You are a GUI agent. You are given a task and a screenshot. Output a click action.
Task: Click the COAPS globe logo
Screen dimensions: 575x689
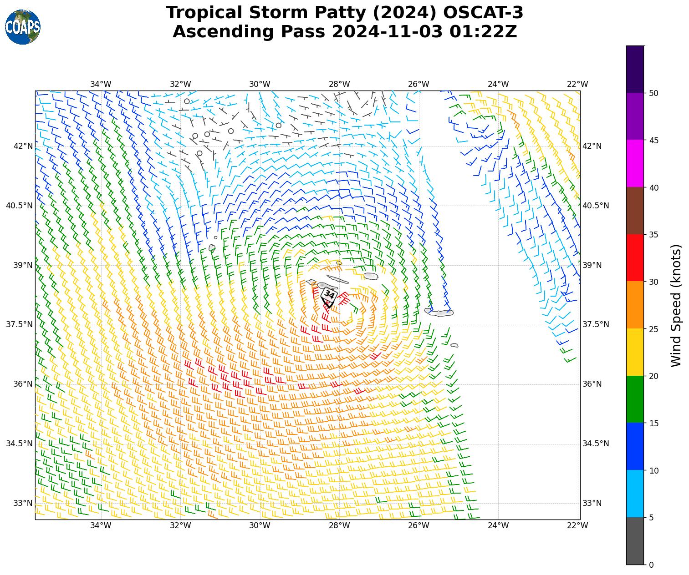[x=23, y=27]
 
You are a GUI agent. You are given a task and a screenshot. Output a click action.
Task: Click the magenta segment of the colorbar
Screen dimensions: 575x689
[x=635, y=163]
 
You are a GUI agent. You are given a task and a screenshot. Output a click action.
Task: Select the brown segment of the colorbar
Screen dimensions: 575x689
[x=635, y=211]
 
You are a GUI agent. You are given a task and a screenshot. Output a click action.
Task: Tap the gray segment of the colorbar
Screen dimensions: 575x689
[x=635, y=541]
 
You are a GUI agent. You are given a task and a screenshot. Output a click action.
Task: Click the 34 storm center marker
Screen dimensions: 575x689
[x=329, y=295]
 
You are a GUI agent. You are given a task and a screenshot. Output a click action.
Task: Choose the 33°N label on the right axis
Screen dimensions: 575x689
[x=592, y=503]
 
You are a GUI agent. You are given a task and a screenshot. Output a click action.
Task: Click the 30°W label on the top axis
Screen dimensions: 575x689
[x=260, y=84]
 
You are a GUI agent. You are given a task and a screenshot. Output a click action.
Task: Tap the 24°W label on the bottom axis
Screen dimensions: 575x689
[x=498, y=526]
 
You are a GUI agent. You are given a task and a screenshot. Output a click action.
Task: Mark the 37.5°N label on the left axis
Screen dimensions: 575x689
[x=19, y=324]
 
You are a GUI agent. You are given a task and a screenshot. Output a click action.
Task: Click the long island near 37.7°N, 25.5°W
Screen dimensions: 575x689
[x=439, y=312]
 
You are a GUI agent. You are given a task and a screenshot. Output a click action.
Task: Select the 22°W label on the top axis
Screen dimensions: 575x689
[x=577, y=84]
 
